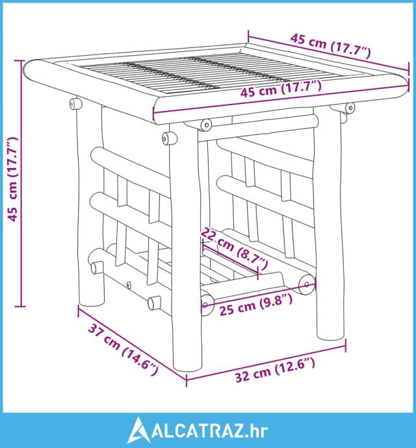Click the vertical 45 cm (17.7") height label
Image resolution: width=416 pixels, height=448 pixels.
(12, 179)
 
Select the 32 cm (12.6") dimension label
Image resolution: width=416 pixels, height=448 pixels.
(275, 370)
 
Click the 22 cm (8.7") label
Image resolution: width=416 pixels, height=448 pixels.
(235, 249)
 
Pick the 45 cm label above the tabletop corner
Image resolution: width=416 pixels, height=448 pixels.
(330, 45)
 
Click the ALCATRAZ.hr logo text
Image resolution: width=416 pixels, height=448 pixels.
(210, 431)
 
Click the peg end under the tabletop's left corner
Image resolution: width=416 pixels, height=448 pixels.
(74, 104)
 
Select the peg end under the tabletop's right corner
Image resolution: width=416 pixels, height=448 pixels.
(350, 108)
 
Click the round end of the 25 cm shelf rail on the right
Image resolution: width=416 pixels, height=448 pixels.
(307, 284)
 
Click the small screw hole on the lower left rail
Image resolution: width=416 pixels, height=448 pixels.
(129, 285)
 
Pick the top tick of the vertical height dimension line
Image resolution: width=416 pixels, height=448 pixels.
(19, 60)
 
